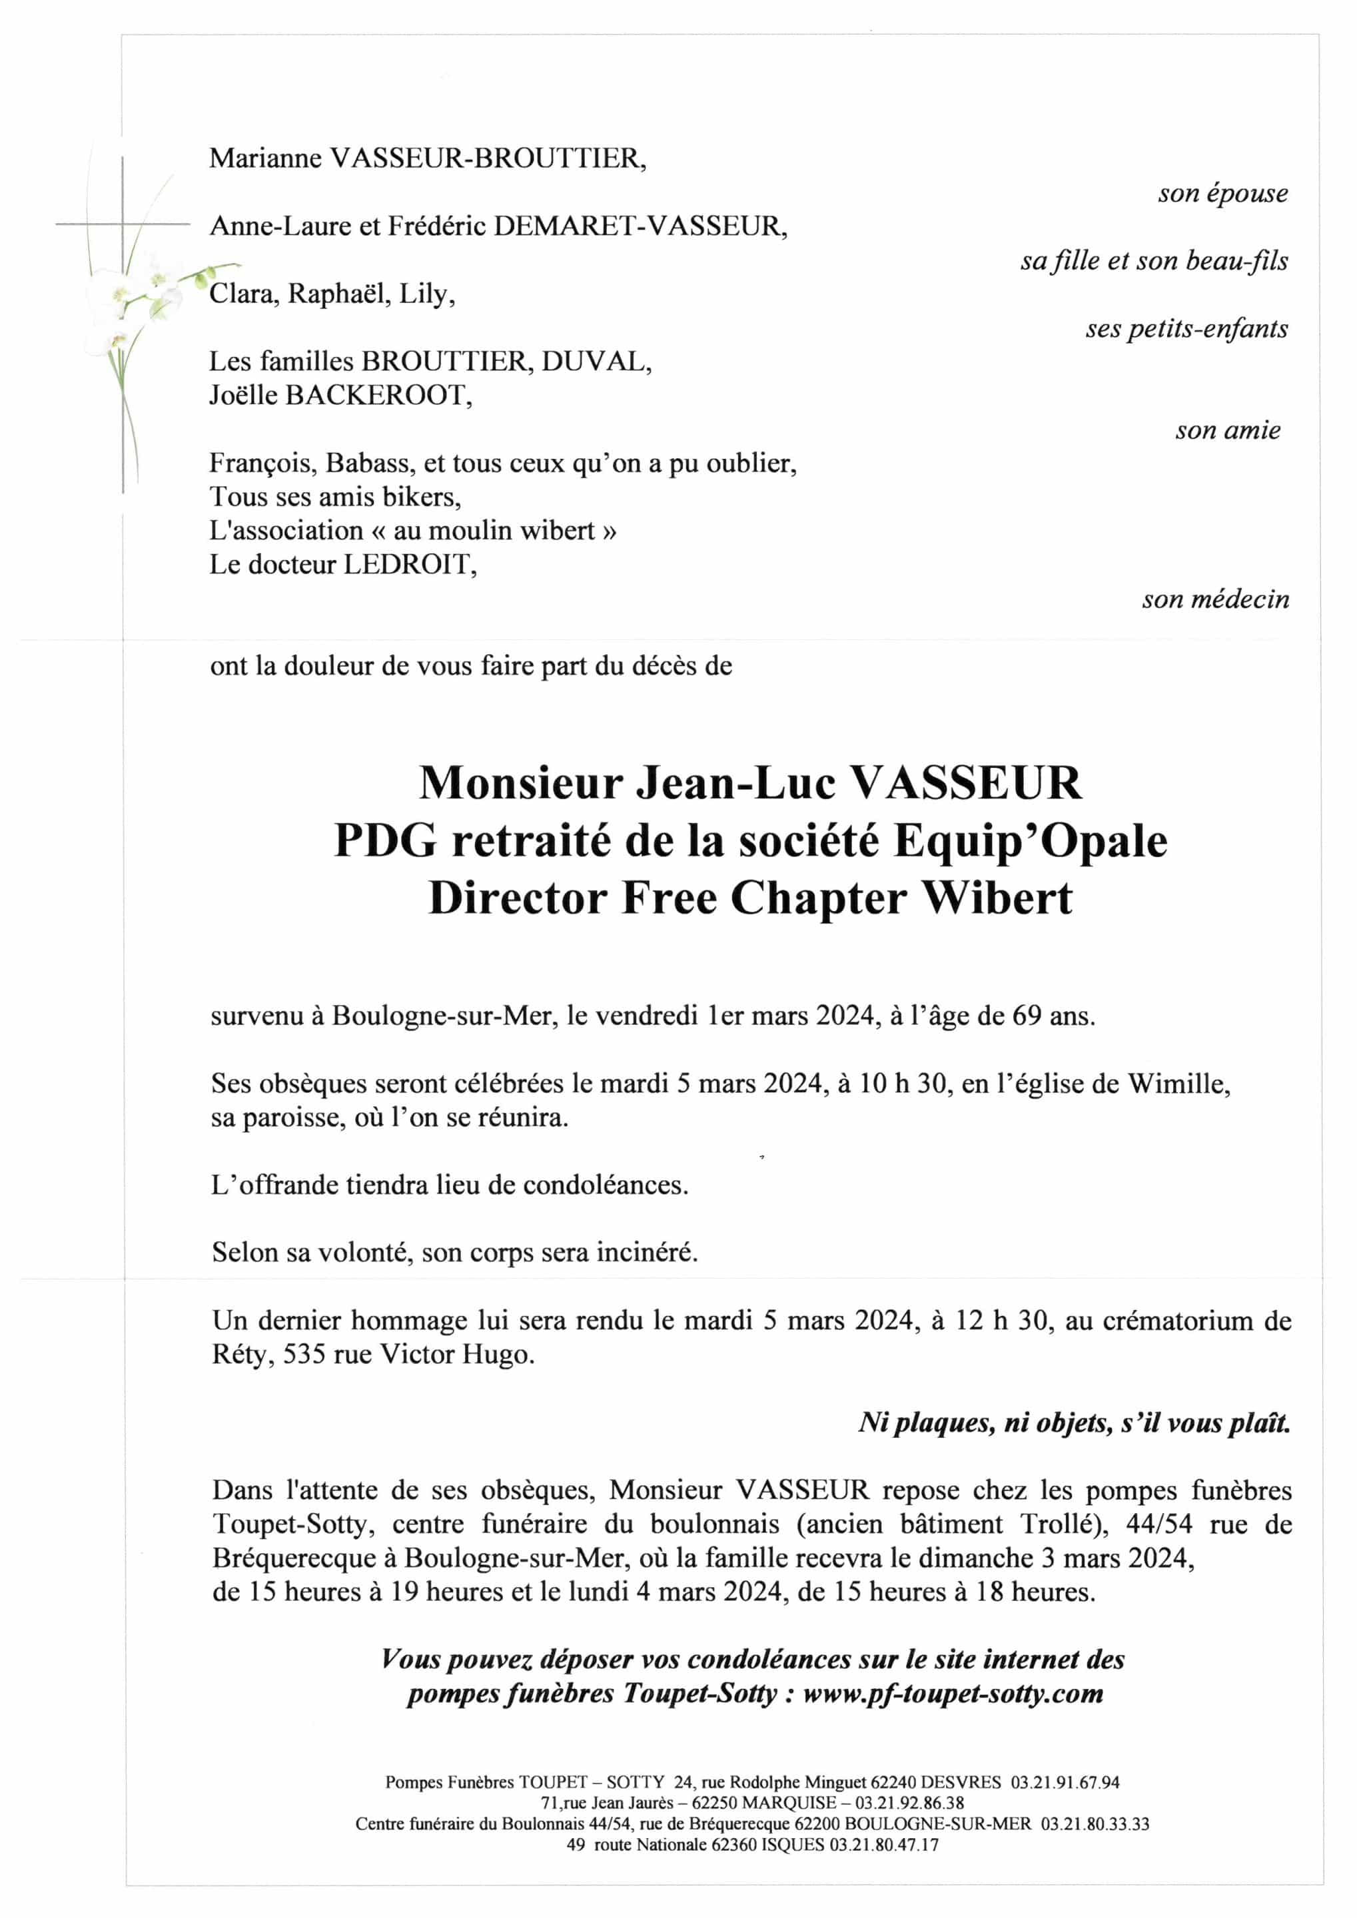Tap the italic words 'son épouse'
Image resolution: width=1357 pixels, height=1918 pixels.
click(1222, 193)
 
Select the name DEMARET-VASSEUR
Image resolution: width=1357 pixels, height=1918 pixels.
click(640, 226)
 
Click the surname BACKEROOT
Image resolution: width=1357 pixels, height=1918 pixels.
click(378, 394)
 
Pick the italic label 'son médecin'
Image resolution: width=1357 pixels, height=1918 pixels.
click(1215, 599)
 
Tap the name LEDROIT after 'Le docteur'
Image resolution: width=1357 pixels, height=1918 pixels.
click(410, 565)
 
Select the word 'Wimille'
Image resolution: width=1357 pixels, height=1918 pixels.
click(1178, 1084)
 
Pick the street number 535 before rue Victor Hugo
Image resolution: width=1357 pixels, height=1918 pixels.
click(304, 1354)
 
